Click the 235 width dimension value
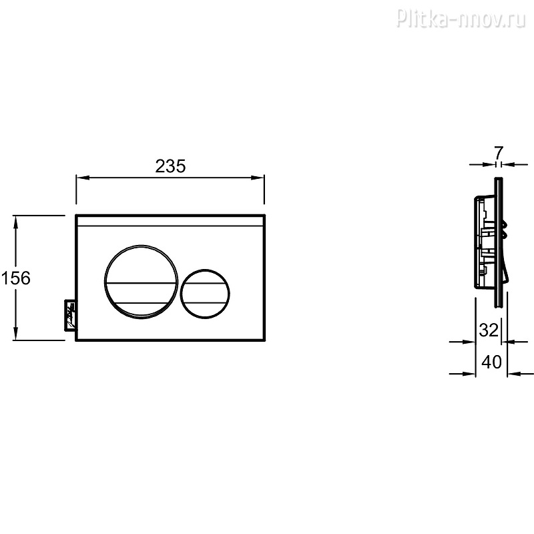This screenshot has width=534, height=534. (x=170, y=166)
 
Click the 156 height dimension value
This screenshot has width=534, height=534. (x=15, y=278)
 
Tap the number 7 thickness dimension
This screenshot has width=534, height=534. (x=498, y=153)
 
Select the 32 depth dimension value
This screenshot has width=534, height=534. (x=489, y=330)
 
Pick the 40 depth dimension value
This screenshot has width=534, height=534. (x=491, y=362)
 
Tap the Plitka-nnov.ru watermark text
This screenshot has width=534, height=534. (x=461, y=18)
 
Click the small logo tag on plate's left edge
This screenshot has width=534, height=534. (x=71, y=314)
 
